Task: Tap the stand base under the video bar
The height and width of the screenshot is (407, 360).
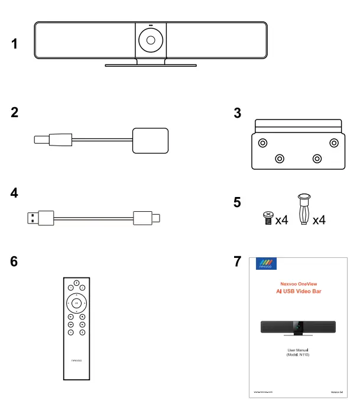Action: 151,65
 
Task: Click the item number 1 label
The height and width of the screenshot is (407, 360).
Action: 15,44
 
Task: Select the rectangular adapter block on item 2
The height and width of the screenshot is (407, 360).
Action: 151,140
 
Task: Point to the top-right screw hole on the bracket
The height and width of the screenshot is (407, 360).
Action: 335,143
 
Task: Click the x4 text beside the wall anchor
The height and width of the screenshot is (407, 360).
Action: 319,221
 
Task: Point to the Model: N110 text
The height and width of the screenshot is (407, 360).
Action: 299,354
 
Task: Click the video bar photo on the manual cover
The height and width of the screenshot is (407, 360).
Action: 299,327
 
